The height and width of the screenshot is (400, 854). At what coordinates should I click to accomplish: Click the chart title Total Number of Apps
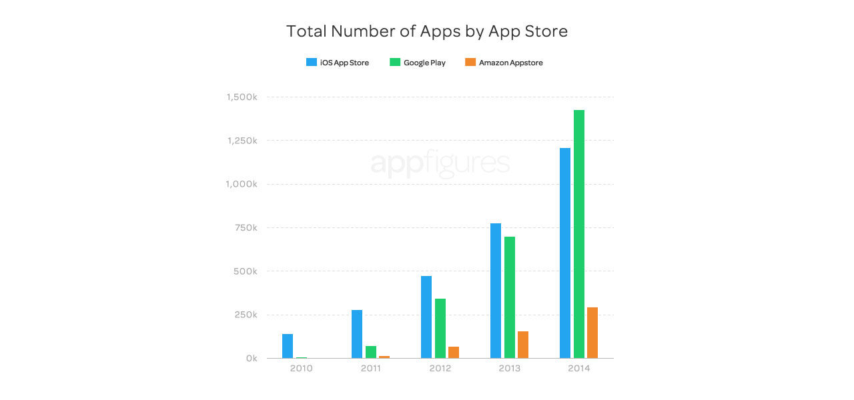point(427,31)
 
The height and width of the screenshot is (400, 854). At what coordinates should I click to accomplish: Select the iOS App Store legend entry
point(338,63)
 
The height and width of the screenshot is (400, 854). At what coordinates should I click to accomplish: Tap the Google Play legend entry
point(418,63)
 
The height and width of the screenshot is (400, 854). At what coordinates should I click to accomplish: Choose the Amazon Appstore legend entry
point(504,63)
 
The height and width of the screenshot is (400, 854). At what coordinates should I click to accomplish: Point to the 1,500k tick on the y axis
point(242,97)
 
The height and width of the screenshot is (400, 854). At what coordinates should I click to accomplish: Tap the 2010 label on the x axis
point(301,369)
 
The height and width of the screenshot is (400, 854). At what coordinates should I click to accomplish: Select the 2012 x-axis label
point(440,369)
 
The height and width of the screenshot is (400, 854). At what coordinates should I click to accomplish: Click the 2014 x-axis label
point(578,369)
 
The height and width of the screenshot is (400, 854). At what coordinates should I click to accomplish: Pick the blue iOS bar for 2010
point(288,346)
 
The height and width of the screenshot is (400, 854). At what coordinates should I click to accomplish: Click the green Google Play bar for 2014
point(579,234)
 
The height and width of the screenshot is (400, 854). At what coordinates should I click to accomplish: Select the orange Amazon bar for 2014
point(592,333)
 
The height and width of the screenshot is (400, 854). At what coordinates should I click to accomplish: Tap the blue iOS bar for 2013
point(496,291)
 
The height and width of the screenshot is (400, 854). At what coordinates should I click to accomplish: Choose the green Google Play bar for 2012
point(440,328)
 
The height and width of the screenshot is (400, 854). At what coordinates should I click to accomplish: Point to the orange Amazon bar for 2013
point(523,345)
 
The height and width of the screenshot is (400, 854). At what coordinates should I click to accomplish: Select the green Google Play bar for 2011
point(371,352)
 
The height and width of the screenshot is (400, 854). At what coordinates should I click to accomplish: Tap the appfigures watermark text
point(440,164)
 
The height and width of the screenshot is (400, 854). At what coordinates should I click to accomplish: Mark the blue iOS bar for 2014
point(565,253)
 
